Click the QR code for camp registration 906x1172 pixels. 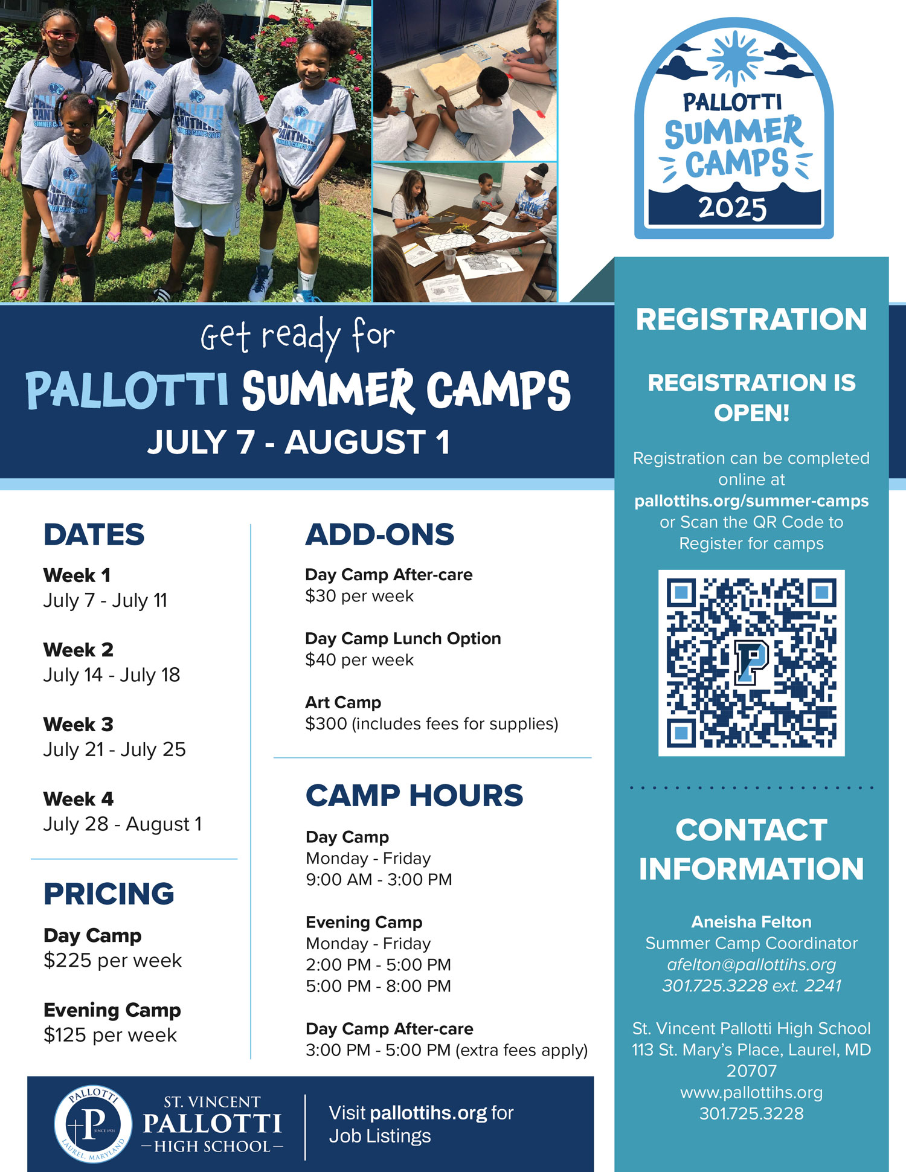tap(751, 662)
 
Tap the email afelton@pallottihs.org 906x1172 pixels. tap(751, 964)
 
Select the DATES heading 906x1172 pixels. tap(94, 534)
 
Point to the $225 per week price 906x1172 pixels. tap(112, 960)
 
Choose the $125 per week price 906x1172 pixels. tap(110, 1035)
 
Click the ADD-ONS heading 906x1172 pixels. tap(380, 534)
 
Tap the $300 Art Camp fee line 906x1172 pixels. tap(432, 723)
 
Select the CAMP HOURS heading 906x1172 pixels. tap(414, 795)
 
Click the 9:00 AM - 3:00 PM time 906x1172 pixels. tap(379, 879)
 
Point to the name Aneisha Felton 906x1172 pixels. tap(751, 921)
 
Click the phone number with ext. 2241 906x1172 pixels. tap(751, 985)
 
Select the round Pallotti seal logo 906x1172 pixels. tap(93, 1125)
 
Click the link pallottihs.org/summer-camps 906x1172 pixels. tap(751, 501)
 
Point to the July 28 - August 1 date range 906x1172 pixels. tap(123, 824)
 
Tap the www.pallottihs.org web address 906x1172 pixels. tap(751, 1092)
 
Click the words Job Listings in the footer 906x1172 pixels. tap(380, 1136)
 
